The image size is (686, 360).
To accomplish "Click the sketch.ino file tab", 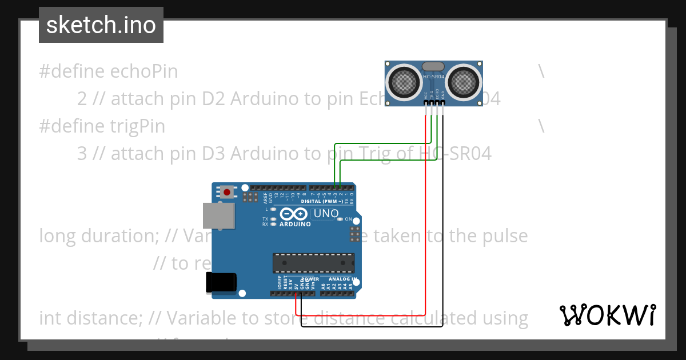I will pyautogui.click(x=101, y=25).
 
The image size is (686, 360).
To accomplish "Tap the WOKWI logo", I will pyautogui.click(x=607, y=315).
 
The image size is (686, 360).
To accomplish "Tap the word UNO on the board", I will pyautogui.click(x=327, y=214).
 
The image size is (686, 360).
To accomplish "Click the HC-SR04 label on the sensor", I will pyautogui.click(x=434, y=77).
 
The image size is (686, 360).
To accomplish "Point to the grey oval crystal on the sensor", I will pyautogui.click(x=434, y=66).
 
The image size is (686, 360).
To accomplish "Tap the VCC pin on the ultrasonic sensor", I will pyautogui.click(x=426, y=103).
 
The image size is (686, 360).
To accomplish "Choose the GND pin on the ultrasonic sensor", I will pyautogui.click(x=443, y=103).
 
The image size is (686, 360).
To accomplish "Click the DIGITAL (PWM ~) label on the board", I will pyautogui.click(x=322, y=201).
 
